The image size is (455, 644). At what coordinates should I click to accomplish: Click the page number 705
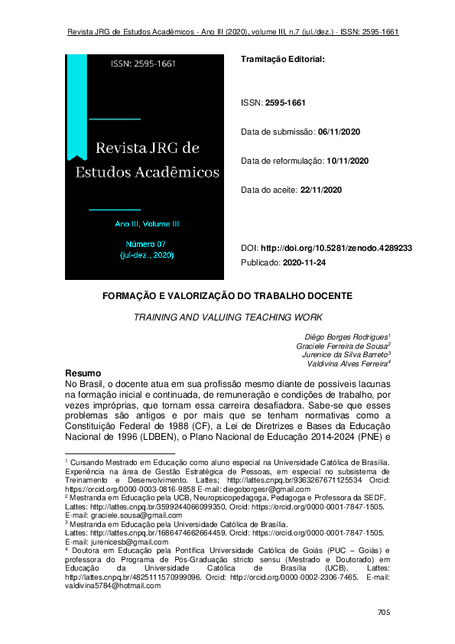384,613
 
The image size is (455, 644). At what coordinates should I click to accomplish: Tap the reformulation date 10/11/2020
348,161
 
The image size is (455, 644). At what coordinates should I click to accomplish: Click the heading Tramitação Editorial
282,59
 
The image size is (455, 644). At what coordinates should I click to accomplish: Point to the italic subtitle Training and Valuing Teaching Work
227,316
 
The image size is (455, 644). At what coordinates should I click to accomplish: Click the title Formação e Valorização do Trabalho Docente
227,295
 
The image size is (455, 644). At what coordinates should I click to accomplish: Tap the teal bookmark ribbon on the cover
77,107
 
